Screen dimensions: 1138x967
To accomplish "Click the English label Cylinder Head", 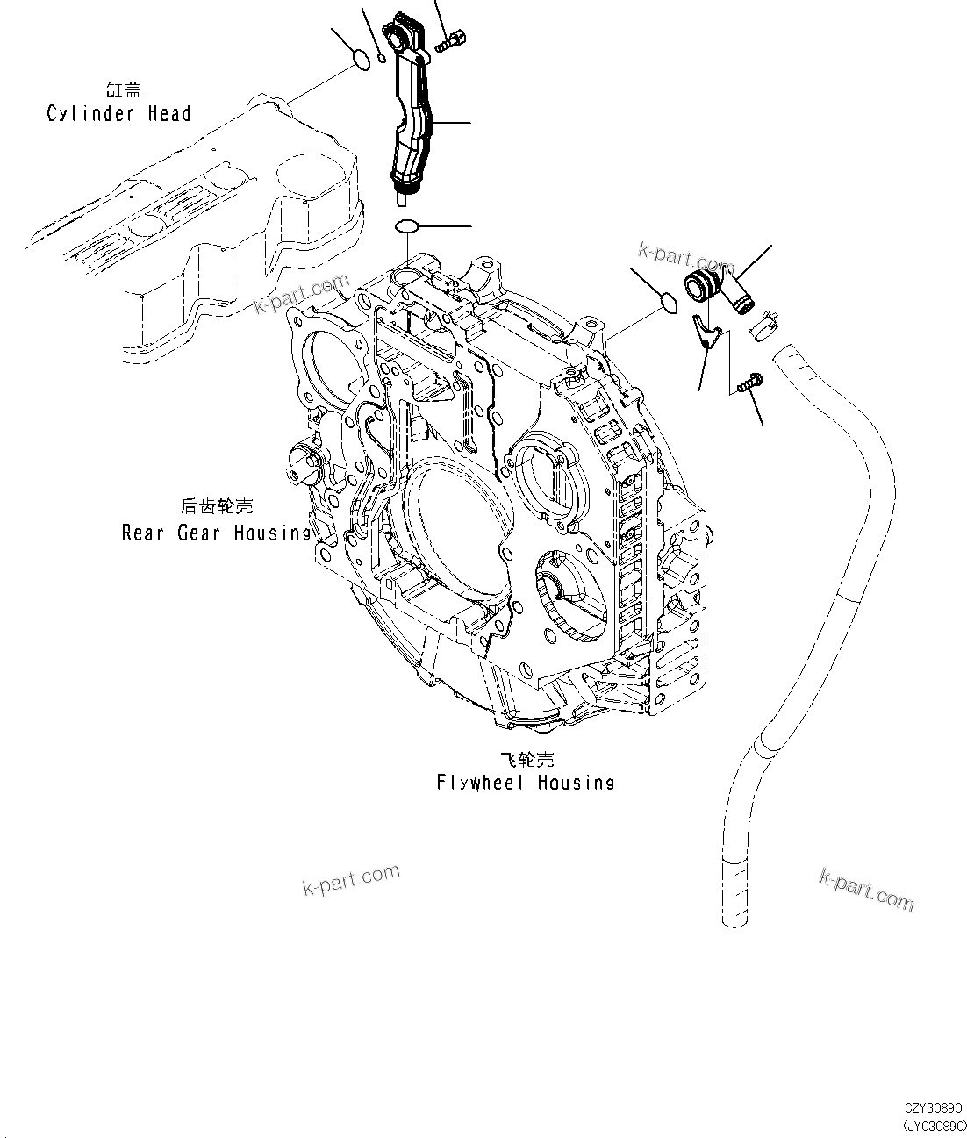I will tap(118, 113).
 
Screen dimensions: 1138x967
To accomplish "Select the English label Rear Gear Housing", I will tap(216, 533).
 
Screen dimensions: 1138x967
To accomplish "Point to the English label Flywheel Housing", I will tap(525, 782).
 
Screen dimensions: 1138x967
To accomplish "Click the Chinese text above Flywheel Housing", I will tap(526, 759).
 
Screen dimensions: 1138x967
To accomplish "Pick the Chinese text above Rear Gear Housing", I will tap(216, 506).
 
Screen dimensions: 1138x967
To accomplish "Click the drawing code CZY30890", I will tap(934, 1109).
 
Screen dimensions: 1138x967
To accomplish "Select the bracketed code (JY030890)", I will tap(933, 1125).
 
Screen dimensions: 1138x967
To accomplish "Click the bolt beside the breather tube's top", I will tap(453, 39).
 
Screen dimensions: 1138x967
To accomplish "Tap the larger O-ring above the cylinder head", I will tap(360, 60).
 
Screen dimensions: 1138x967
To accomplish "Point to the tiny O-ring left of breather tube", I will tap(382, 59).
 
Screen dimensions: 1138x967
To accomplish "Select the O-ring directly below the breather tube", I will tap(406, 227).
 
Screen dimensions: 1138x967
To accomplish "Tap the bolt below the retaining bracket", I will tap(750, 383).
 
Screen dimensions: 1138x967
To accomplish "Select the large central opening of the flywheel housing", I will tap(456, 526).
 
